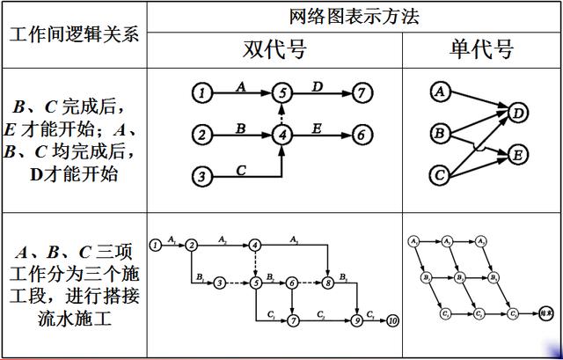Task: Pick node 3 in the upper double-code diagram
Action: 202,177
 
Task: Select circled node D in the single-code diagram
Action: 519,113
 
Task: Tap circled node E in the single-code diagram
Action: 519,156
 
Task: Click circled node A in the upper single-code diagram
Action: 439,92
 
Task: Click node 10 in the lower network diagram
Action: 392,321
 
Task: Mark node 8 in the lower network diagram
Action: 327,283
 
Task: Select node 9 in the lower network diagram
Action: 356,321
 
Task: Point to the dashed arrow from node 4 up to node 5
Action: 281,114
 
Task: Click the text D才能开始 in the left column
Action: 74,173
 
